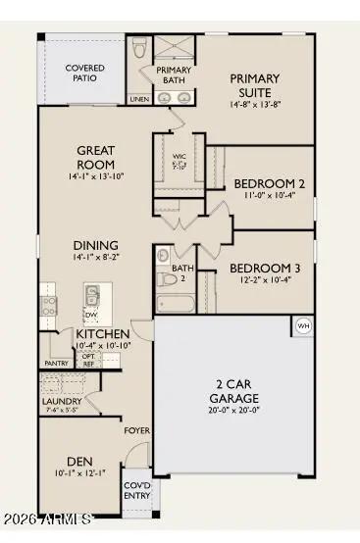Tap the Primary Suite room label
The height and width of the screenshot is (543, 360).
(254, 84)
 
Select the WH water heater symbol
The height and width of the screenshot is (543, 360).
(303, 325)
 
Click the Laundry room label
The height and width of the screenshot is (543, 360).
(61, 401)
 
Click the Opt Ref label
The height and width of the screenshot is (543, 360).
(88, 360)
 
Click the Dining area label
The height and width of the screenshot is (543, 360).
(94, 245)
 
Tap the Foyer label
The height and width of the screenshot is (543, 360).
(136, 430)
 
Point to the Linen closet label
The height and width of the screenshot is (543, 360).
(139, 98)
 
